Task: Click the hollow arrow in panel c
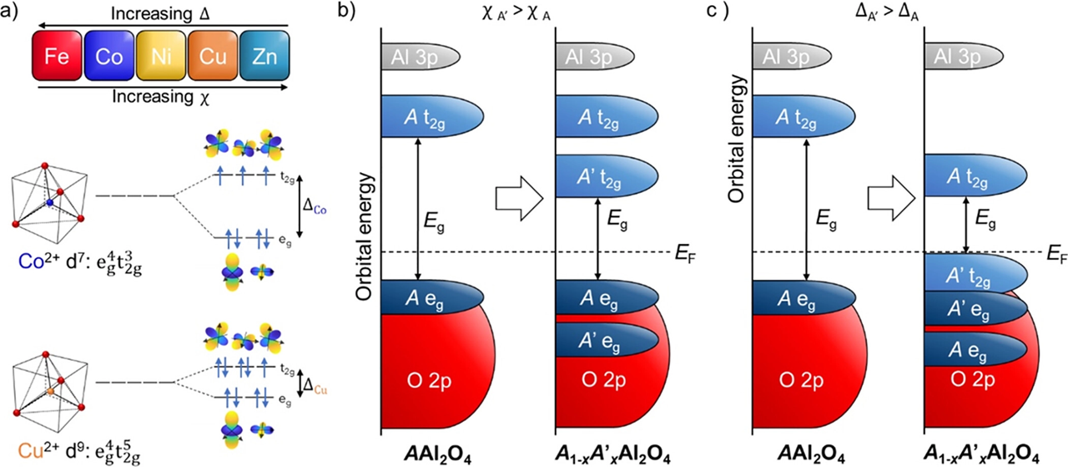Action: (889, 198)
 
